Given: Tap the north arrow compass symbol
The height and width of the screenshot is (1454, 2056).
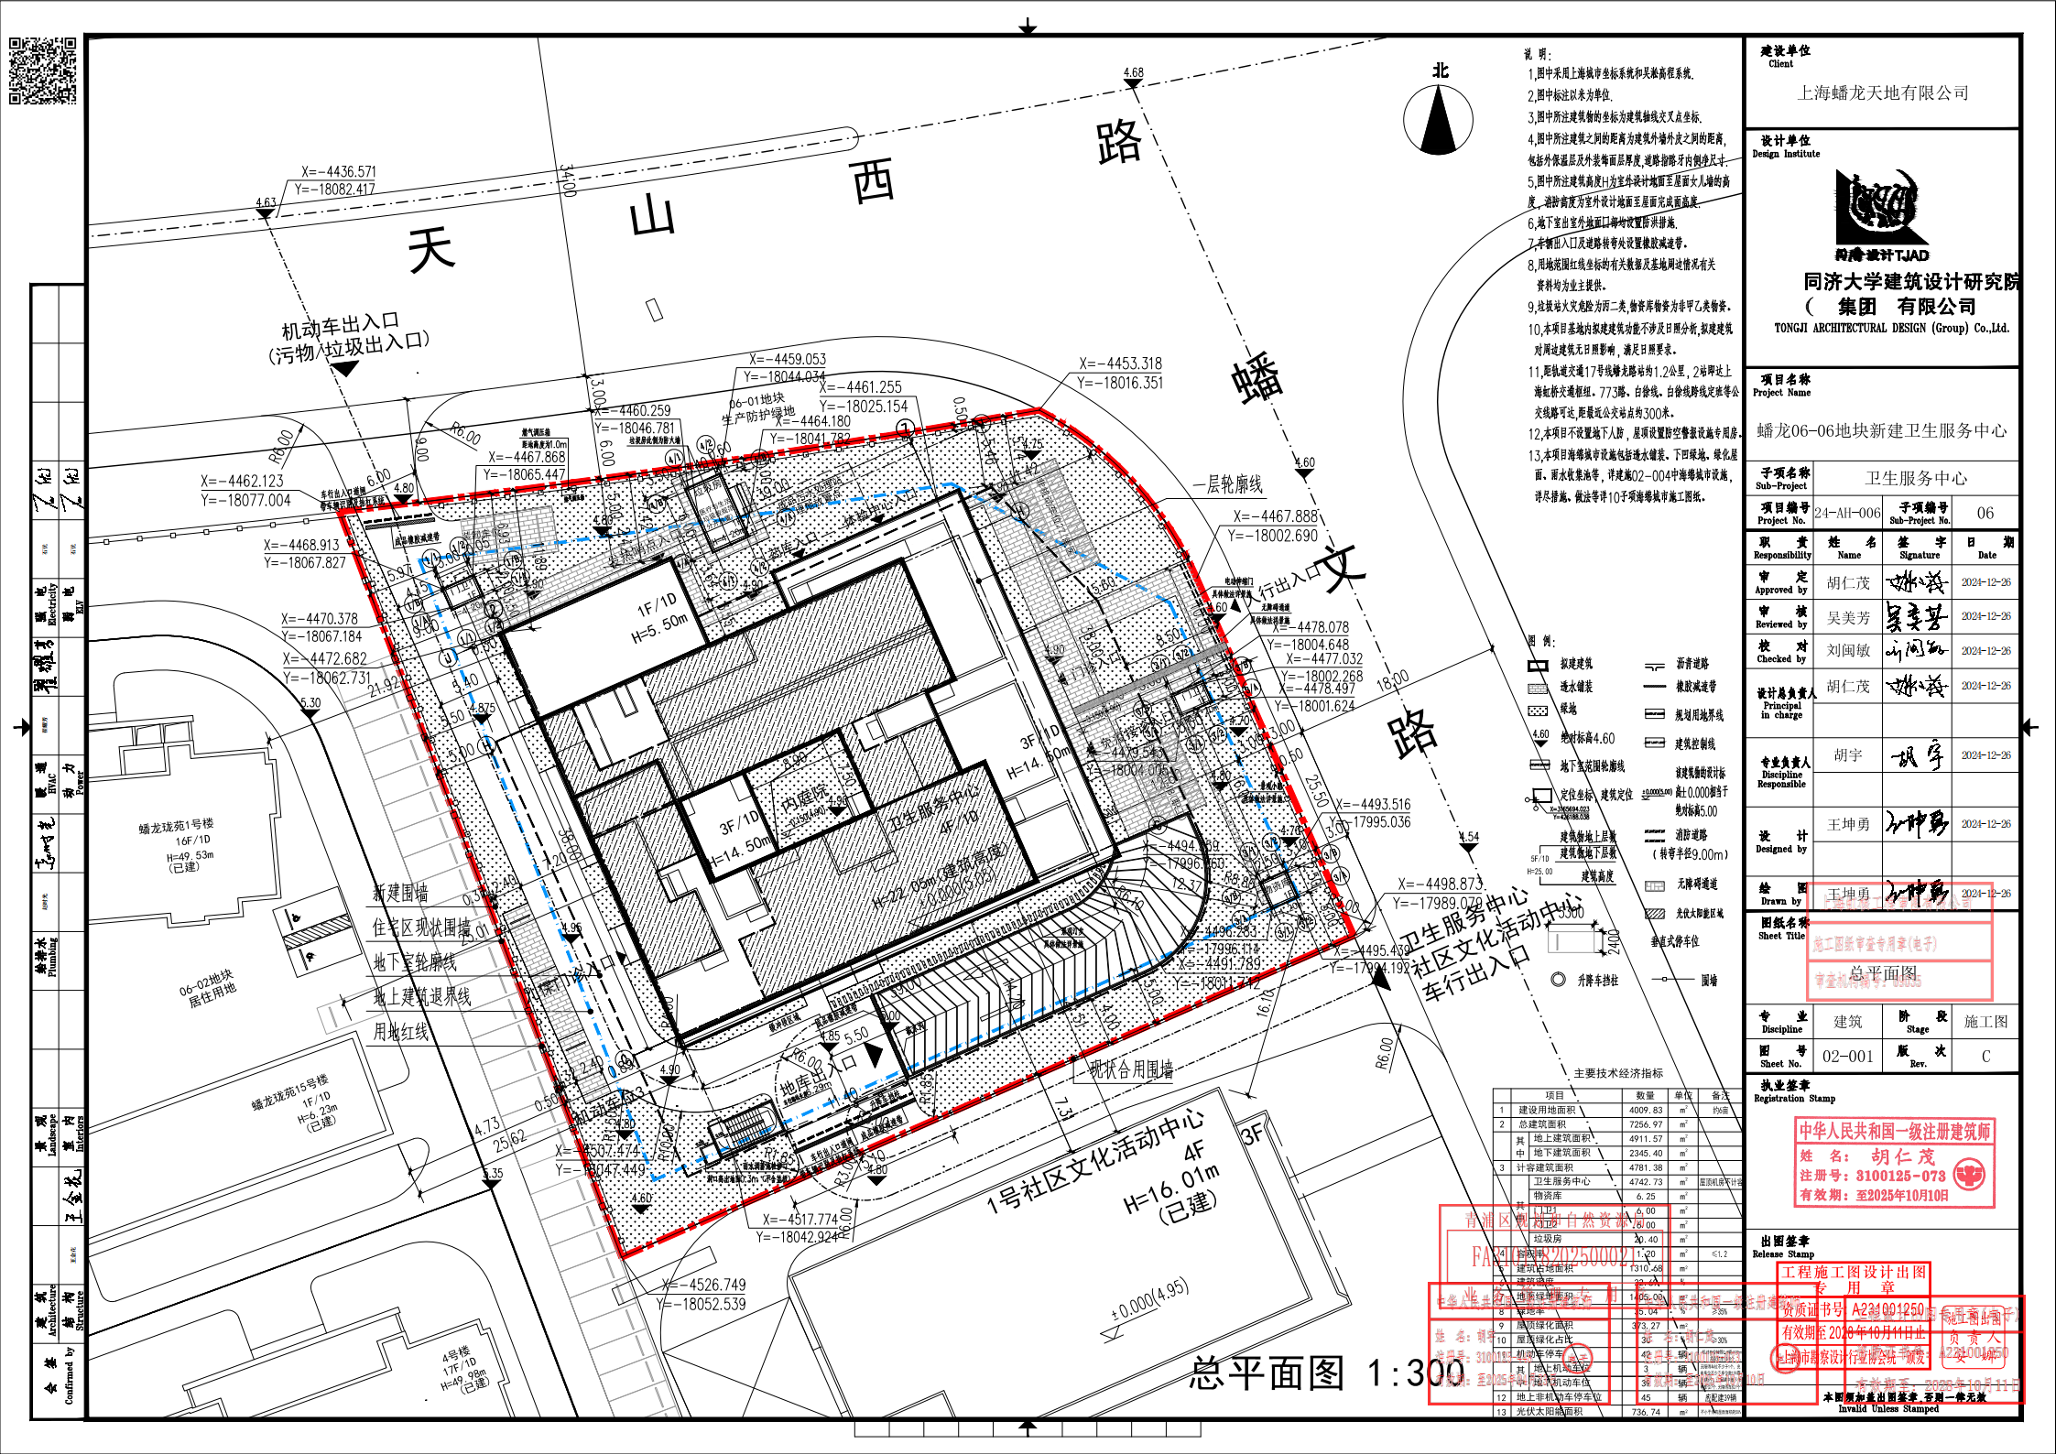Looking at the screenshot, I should [1439, 119].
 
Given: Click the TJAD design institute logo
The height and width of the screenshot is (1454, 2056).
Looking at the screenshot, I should [1881, 216].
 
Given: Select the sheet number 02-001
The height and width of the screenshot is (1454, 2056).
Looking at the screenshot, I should [1848, 1057].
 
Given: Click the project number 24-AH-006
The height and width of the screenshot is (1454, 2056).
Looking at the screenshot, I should [1846, 514].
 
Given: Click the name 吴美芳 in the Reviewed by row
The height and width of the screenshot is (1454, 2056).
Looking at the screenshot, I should [1848, 618].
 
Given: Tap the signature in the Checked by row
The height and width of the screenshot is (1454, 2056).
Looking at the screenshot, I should [1915, 651].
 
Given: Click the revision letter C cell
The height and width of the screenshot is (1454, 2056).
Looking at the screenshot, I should [1985, 1057].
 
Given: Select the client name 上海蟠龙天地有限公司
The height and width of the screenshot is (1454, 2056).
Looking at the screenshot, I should [1883, 92].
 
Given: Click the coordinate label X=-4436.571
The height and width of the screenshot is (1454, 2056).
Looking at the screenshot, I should [338, 172].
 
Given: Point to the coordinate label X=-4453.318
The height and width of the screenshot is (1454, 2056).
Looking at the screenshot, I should [1119, 363].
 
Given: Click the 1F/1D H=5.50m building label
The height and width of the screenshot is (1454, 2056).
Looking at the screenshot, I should [658, 614].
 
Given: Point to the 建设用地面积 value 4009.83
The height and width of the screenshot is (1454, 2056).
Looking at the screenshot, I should [1646, 1110].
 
